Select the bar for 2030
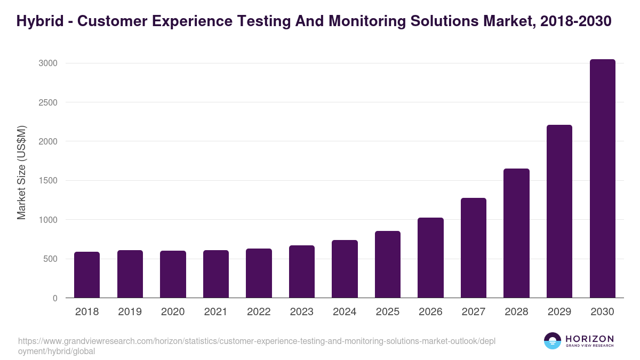[x=602, y=179]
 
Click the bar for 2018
[x=87, y=275]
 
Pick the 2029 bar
[x=559, y=211]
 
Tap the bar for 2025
[x=387, y=265]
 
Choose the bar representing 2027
[x=473, y=248]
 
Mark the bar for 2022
[x=259, y=273]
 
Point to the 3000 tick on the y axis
[x=48, y=63]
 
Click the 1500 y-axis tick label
[x=48, y=181]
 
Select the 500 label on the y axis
[x=50, y=259]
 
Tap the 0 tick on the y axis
[x=55, y=298]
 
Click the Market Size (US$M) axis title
[x=21, y=172]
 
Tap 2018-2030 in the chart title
[x=575, y=21]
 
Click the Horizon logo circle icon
[x=553, y=341]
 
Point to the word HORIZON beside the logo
[x=589, y=339]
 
